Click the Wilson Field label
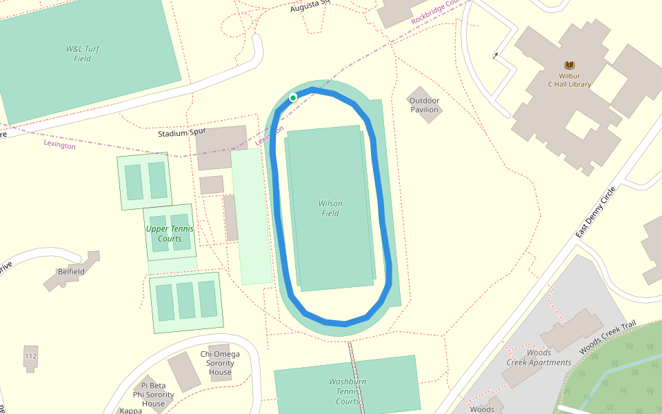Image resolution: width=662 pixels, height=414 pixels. pos(331,208)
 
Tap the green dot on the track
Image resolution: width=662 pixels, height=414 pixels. pos(293,98)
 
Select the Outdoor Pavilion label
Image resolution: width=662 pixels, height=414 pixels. pos(424,105)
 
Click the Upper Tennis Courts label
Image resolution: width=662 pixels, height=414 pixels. pos(170,234)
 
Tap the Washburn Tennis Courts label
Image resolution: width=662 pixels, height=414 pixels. pos(348,391)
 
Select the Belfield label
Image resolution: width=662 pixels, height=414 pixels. pos(71,272)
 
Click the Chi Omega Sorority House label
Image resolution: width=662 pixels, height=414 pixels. pos(221,363)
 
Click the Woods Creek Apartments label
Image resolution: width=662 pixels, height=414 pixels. pos(539,357)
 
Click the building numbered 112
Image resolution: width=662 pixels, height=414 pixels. pos(30,356)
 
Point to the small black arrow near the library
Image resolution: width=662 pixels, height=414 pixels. pos(496,55)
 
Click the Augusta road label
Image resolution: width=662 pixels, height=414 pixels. pos(310,6)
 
